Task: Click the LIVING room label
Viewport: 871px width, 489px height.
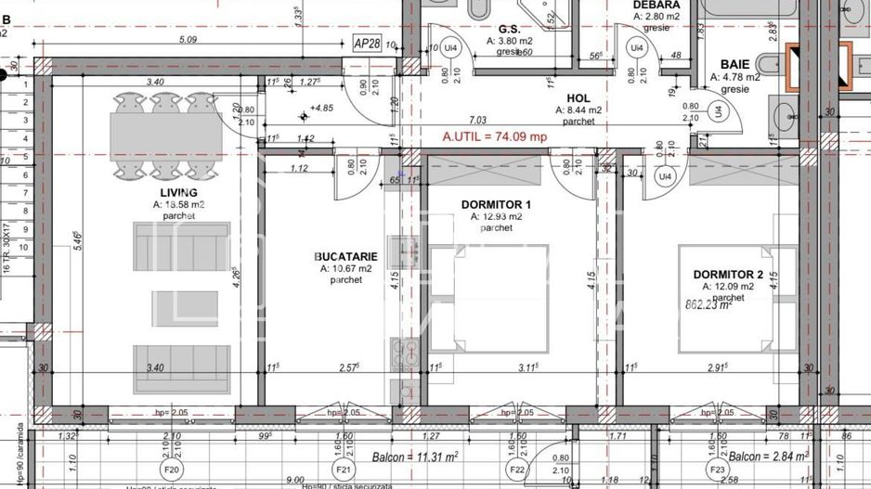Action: pyautogui.click(x=177, y=192)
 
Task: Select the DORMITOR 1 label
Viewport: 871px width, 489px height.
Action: pyautogui.click(x=496, y=204)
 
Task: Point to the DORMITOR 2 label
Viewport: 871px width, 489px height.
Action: pyautogui.click(x=728, y=274)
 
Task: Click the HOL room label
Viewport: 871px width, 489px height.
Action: pyautogui.click(x=578, y=96)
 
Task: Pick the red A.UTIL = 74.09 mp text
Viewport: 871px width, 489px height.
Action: pyautogui.click(x=495, y=136)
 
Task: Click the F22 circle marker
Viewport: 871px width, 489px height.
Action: pyautogui.click(x=517, y=469)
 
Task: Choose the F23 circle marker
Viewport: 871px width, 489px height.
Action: pyautogui.click(x=718, y=469)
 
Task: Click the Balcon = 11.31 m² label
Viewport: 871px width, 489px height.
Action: pyautogui.click(x=415, y=457)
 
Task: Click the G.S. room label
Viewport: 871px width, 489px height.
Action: pyautogui.click(x=508, y=29)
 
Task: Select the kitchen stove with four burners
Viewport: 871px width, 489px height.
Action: pyautogui.click(x=406, y=356)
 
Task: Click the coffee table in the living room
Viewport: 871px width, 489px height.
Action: pyautogui.click(x=185, y=303)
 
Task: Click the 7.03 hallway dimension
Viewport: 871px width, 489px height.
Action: pyautogui.click(x=478, y=120)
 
